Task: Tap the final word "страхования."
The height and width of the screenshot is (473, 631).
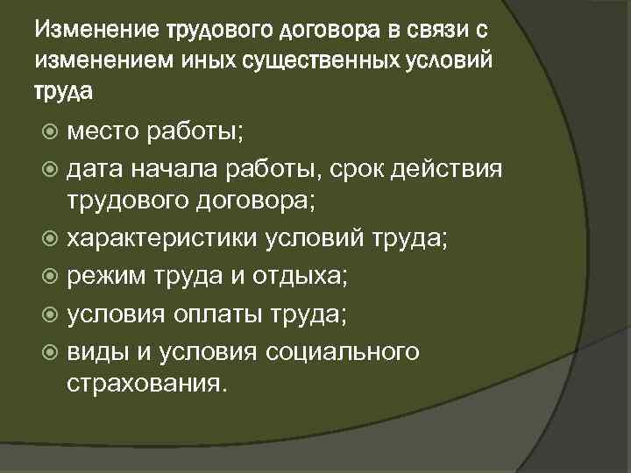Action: coord(145,385)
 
